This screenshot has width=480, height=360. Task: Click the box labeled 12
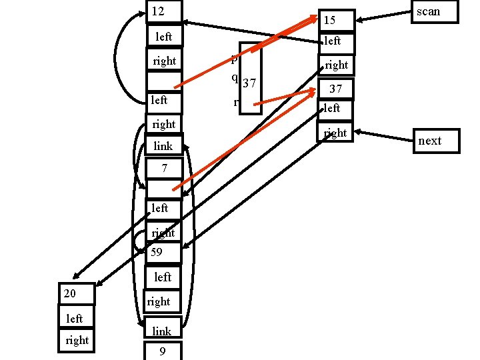[163, 12]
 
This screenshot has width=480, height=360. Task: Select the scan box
[433, 12]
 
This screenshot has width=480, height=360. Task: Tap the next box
[433, 141]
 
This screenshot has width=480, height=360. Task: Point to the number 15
[329, 21]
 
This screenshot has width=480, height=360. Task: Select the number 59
[156, 253]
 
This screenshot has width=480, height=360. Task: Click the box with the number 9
[162, 351]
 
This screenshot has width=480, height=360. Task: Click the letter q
[235, 76]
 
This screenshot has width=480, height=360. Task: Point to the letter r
[236, 102]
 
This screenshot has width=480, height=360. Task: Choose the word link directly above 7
[163, 146]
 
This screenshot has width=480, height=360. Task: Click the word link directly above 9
[162, 331]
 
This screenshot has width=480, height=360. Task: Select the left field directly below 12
[163, 37]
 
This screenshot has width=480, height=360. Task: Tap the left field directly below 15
[332, 41]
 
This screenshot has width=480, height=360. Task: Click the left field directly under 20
[74, 319]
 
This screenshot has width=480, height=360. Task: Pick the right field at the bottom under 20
[77, 340]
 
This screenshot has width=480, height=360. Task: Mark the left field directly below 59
[163, 277]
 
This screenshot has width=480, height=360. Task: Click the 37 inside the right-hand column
[336, 89]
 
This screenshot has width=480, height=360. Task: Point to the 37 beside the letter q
[249, 83]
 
